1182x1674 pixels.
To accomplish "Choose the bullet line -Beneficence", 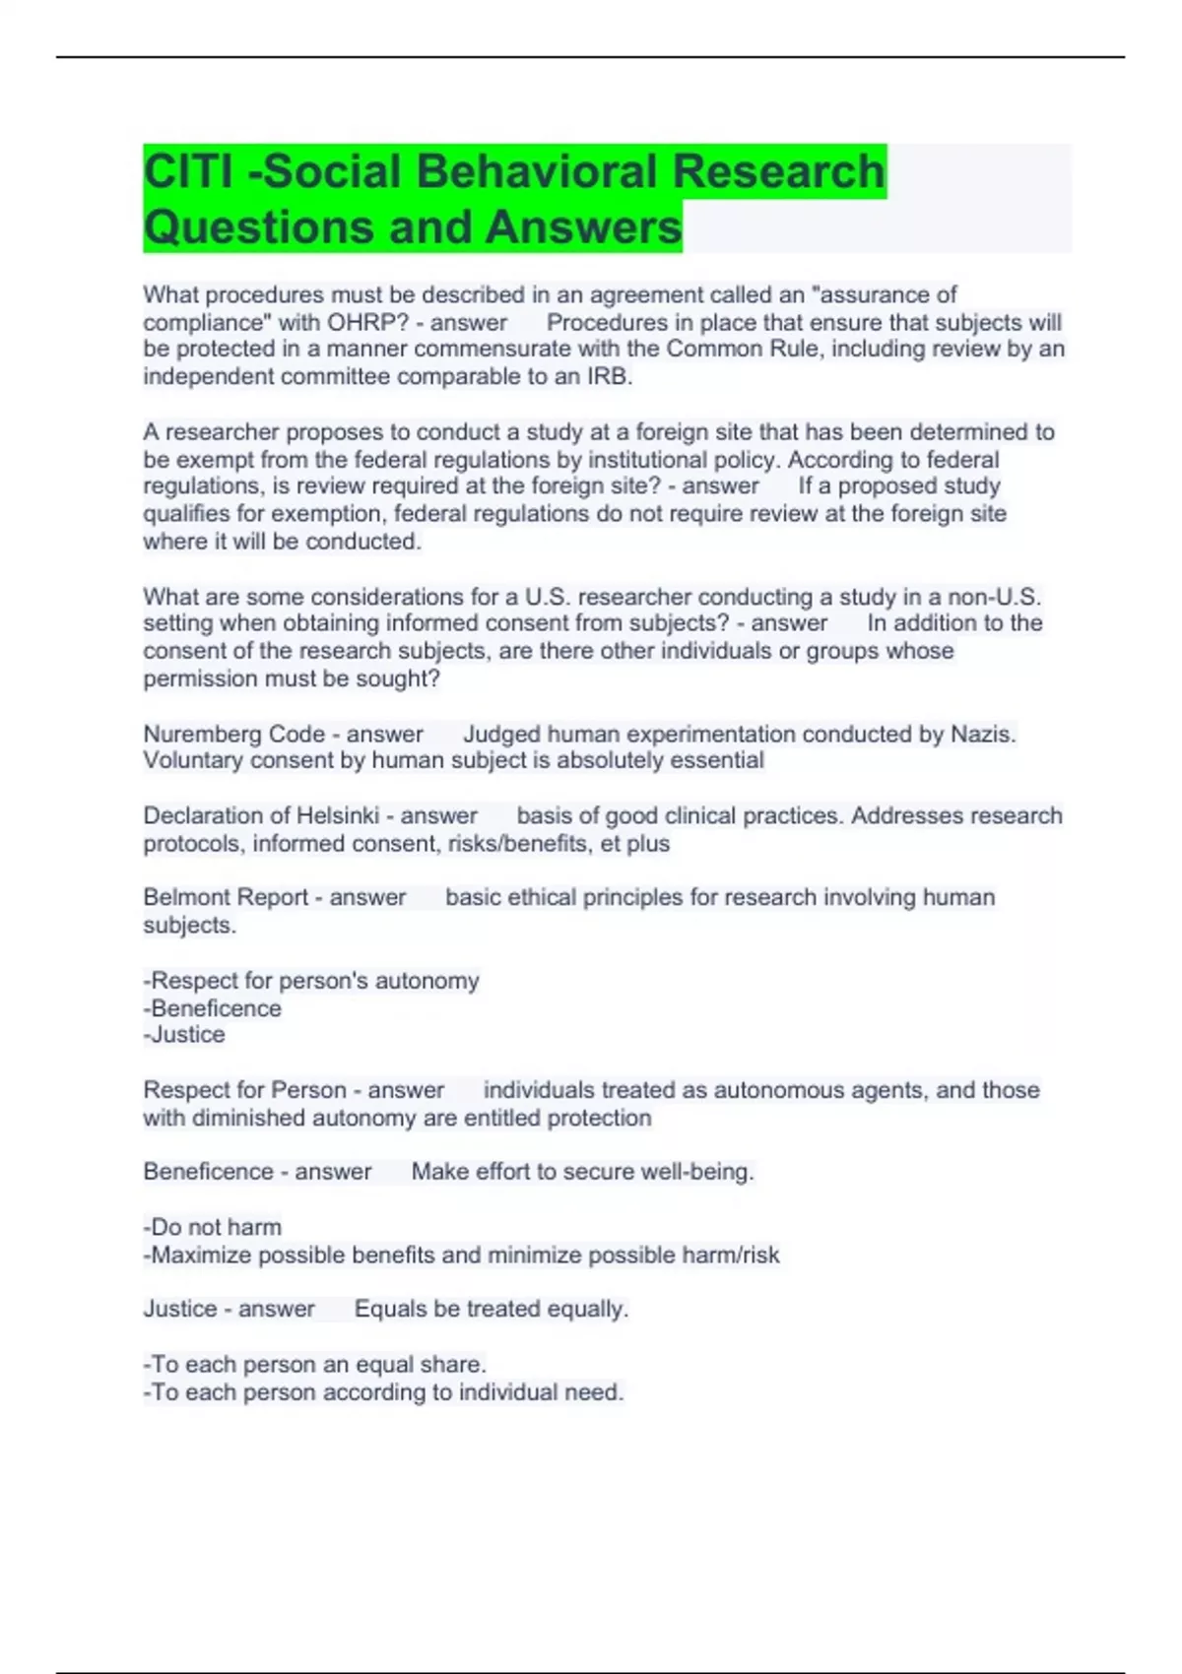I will pyautogui.click(x=213, y=1009).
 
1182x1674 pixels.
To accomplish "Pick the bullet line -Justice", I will pyautogui.click(x=184, y=1035).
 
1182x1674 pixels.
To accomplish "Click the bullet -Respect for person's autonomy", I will pyautogui.click(x=311, y=982).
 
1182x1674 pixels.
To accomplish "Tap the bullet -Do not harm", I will pyautogui.click(x=213, y=1228).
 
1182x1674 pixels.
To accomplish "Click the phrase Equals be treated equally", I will pyautogui.click(x=491, y=1310).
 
